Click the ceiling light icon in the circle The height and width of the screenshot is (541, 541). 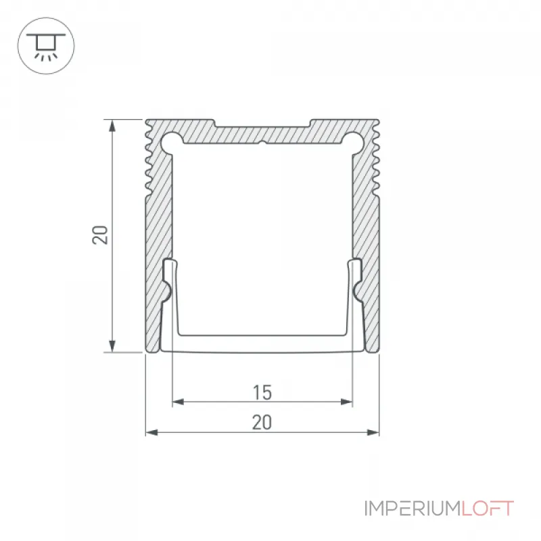pyautogui.click(x=46, y=47)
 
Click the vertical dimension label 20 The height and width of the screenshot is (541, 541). pyautogui.click(x=100, y=235)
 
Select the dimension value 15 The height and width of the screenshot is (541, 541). pyautogui.click(x=262, y=392)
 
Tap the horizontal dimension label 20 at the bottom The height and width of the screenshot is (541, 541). pyautogui.click(x=262, y=422)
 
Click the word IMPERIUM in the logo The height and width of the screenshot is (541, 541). pyautogui.click(x=413, y=509)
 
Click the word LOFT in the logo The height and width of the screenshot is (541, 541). pyautogui.click(x=488, y=509)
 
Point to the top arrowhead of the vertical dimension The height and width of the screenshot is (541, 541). pyautogui.click(x=112, y=126)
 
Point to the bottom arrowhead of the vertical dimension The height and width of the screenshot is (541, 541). pyautogui.click(x=112, y=346)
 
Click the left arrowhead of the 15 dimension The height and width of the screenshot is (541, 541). pyautogui.click(x=178, y=402)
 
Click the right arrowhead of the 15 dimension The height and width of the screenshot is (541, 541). pyautogui.click(x=346, y=402)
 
